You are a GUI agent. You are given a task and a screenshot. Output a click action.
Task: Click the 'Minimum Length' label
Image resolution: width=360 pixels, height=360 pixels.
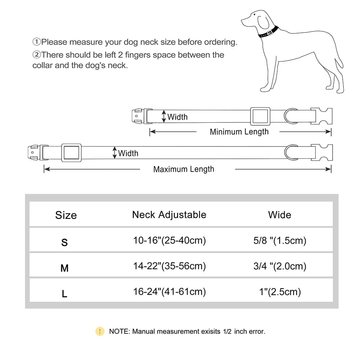coord(239,132)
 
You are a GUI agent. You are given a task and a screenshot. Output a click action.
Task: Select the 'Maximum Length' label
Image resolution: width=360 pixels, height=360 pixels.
coord(184,169)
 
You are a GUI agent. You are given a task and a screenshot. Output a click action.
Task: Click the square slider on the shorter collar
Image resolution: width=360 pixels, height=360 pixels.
coord(260,116)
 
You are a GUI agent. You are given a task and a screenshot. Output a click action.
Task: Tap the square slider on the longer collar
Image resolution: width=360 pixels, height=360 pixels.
coord(71,153)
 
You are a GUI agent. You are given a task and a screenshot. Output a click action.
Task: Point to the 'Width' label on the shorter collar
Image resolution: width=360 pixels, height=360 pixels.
coord(177,117)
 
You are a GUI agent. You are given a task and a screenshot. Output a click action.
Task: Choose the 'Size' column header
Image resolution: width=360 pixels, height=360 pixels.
coord(66,215)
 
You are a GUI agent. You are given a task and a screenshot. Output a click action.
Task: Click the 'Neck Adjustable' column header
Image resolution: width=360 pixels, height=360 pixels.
coord(169,215)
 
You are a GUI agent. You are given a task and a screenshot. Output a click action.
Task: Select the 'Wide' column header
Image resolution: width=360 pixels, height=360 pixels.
coord(280,215)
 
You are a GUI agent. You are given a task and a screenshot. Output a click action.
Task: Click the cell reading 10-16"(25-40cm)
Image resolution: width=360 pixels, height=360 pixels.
coord(170,240)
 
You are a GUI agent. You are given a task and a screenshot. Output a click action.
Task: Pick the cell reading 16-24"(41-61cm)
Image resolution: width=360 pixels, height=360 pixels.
coord(170,292)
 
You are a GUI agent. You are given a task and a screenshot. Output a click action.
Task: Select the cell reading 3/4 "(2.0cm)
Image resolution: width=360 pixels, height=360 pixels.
coord(280,266)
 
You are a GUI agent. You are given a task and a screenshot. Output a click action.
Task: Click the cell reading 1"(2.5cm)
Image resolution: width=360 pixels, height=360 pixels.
coord(280,292)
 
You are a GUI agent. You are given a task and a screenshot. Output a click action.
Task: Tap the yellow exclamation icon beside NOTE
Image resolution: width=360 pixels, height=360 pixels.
coord(100,331)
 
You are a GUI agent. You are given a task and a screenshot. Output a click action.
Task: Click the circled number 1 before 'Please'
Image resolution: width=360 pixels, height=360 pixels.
coord(37,42)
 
